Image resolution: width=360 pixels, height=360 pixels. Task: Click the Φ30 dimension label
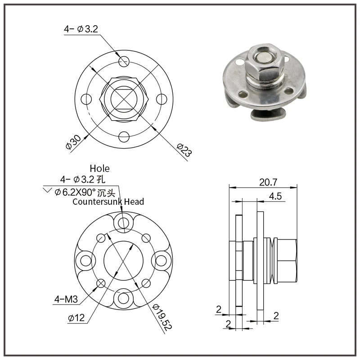(73, 142)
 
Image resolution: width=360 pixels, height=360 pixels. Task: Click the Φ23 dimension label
(184, 150)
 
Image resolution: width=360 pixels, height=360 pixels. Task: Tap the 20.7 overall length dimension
(268, 182)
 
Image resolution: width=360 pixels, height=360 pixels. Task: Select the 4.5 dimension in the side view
(275, 196)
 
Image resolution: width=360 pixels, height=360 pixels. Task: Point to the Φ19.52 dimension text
(162, 317)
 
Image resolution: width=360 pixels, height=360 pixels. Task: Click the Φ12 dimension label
(76, 318)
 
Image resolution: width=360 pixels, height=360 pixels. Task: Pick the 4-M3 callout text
(66, 299)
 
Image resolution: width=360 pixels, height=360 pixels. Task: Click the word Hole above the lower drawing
(99, 168)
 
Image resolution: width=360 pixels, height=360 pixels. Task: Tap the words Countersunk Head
(108, 202)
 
